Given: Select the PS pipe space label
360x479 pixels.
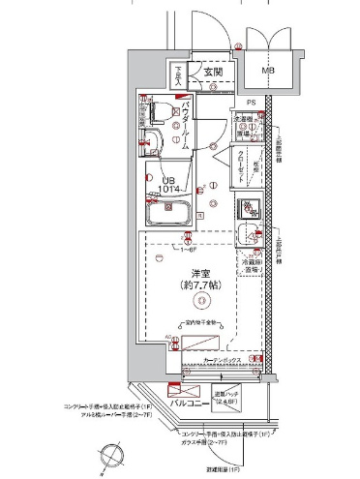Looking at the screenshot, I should pos(251,101).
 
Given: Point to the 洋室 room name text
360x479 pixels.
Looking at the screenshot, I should pos(200,274).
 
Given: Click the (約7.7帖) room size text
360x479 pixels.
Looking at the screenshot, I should pos(200,288).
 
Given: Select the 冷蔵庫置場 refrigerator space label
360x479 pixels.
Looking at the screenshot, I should pos(251,265).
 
